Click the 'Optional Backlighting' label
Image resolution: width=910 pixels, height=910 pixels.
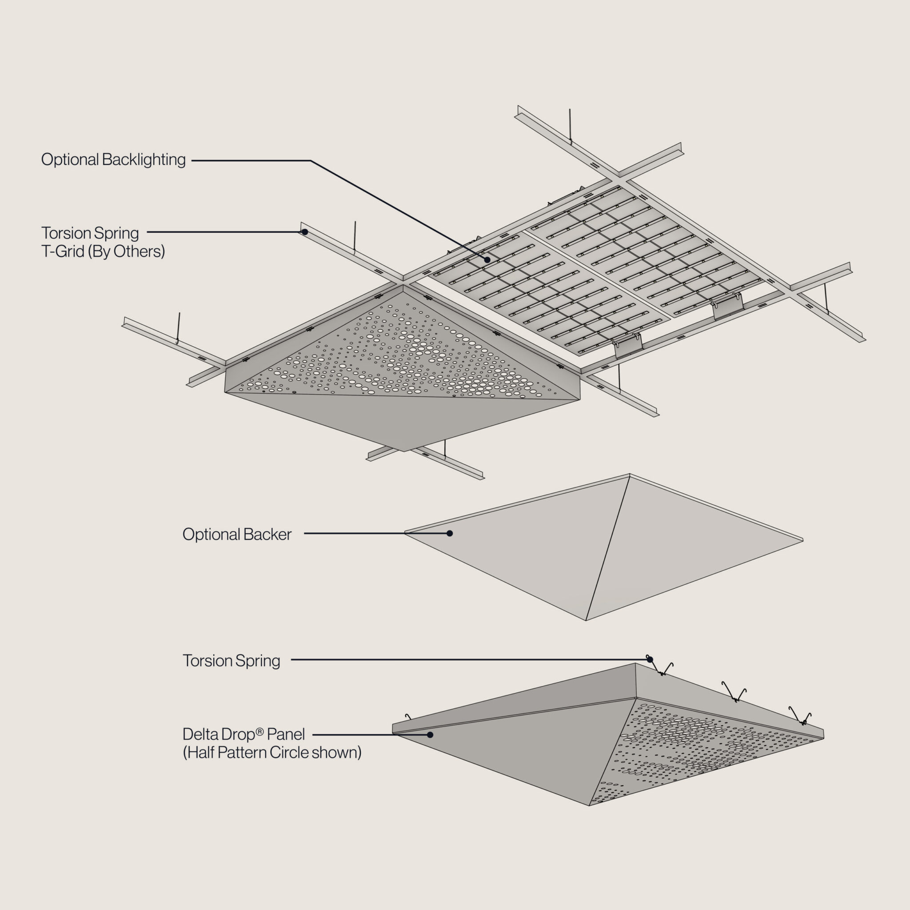(113, 160)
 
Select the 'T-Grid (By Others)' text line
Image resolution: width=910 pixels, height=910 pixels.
(103, 251)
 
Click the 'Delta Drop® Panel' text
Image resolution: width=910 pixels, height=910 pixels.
(243, 734)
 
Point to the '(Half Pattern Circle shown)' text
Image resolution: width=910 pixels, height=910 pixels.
(272, 753)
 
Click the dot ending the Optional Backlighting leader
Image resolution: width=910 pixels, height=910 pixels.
(487, 259)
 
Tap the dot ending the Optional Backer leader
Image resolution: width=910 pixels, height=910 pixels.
(450, 533)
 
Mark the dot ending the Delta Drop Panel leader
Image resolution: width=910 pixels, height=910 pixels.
(430, 734)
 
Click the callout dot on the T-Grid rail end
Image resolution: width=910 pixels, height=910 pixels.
(305, 232)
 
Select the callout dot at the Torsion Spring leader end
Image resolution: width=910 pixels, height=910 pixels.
(650, 659)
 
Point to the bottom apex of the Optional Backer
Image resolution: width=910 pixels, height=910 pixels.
(586, 620)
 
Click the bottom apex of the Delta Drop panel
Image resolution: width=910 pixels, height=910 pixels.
(589, 806)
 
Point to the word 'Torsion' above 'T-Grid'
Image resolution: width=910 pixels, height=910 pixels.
(65, 233)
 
